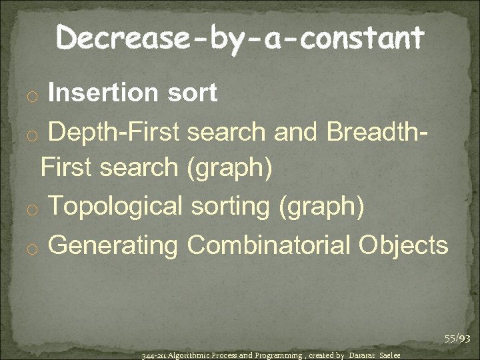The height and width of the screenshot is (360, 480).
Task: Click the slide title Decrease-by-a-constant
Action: tap(239, 38)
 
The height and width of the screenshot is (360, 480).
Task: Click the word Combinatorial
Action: tap(269, 245)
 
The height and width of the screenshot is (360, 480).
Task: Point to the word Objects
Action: tap(403, 245)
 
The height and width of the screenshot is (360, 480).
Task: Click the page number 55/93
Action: tap(458, 339)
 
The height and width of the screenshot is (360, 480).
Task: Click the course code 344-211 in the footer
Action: tap(153, 355)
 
